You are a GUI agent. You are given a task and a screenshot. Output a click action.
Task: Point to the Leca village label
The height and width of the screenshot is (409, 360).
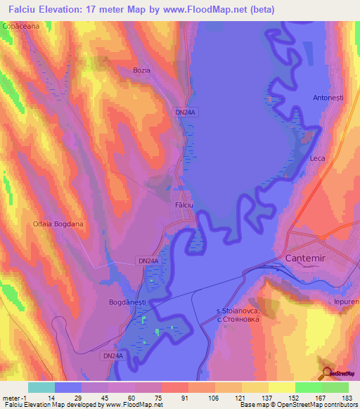coord(317,159)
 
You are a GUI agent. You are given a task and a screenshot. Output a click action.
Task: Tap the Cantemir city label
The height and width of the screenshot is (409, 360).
coord(308,259)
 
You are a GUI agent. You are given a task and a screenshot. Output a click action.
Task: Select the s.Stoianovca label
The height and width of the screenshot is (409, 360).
coord(238,310)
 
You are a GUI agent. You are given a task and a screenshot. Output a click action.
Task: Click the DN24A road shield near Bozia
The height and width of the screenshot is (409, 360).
coord(185,111)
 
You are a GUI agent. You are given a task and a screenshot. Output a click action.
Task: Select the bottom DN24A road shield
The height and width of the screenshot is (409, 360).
coord(112,356)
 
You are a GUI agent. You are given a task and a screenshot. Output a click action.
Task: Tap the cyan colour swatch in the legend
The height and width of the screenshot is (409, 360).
coord(41,387)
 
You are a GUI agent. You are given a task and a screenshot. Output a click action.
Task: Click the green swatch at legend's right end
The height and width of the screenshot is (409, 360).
coord(335,387)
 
